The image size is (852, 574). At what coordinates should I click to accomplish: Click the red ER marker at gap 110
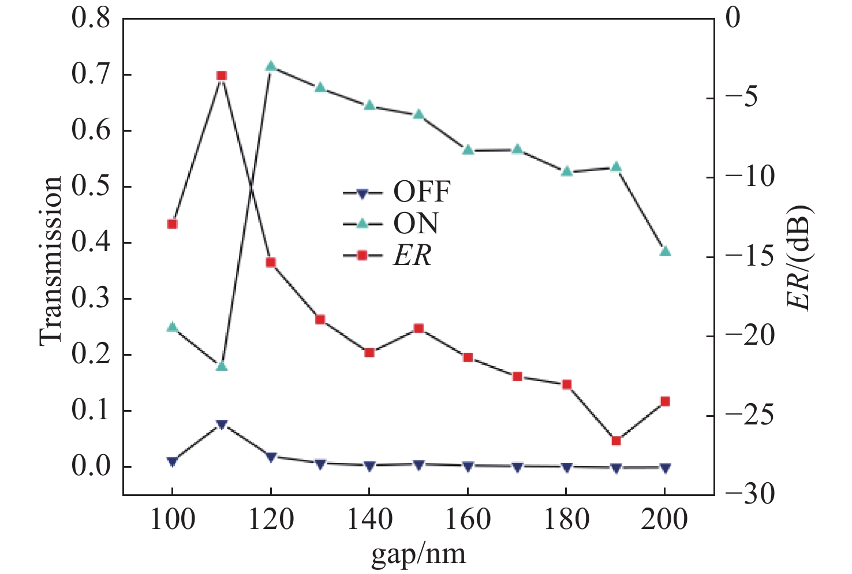pos(221,76)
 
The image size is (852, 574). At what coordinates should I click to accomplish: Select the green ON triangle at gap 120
pos(271,66)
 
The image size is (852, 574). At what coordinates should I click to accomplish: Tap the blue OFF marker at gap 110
pos(221,424)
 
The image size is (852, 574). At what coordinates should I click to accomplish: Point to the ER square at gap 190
pos(616,441)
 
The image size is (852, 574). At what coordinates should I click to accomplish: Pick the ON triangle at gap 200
pos(665,251)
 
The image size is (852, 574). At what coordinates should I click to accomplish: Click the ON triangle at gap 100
pos(172,327)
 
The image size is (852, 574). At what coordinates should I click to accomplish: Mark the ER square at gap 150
pos(419,329)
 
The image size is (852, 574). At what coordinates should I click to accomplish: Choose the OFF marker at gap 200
pos(665,468)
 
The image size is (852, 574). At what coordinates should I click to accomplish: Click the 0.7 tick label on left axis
pos(91,75)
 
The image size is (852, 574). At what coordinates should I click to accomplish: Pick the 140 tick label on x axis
pos(370,519)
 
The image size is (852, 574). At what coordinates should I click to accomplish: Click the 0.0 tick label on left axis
pos(91,467)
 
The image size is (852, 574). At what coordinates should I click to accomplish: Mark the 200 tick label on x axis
pos(665,519)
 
